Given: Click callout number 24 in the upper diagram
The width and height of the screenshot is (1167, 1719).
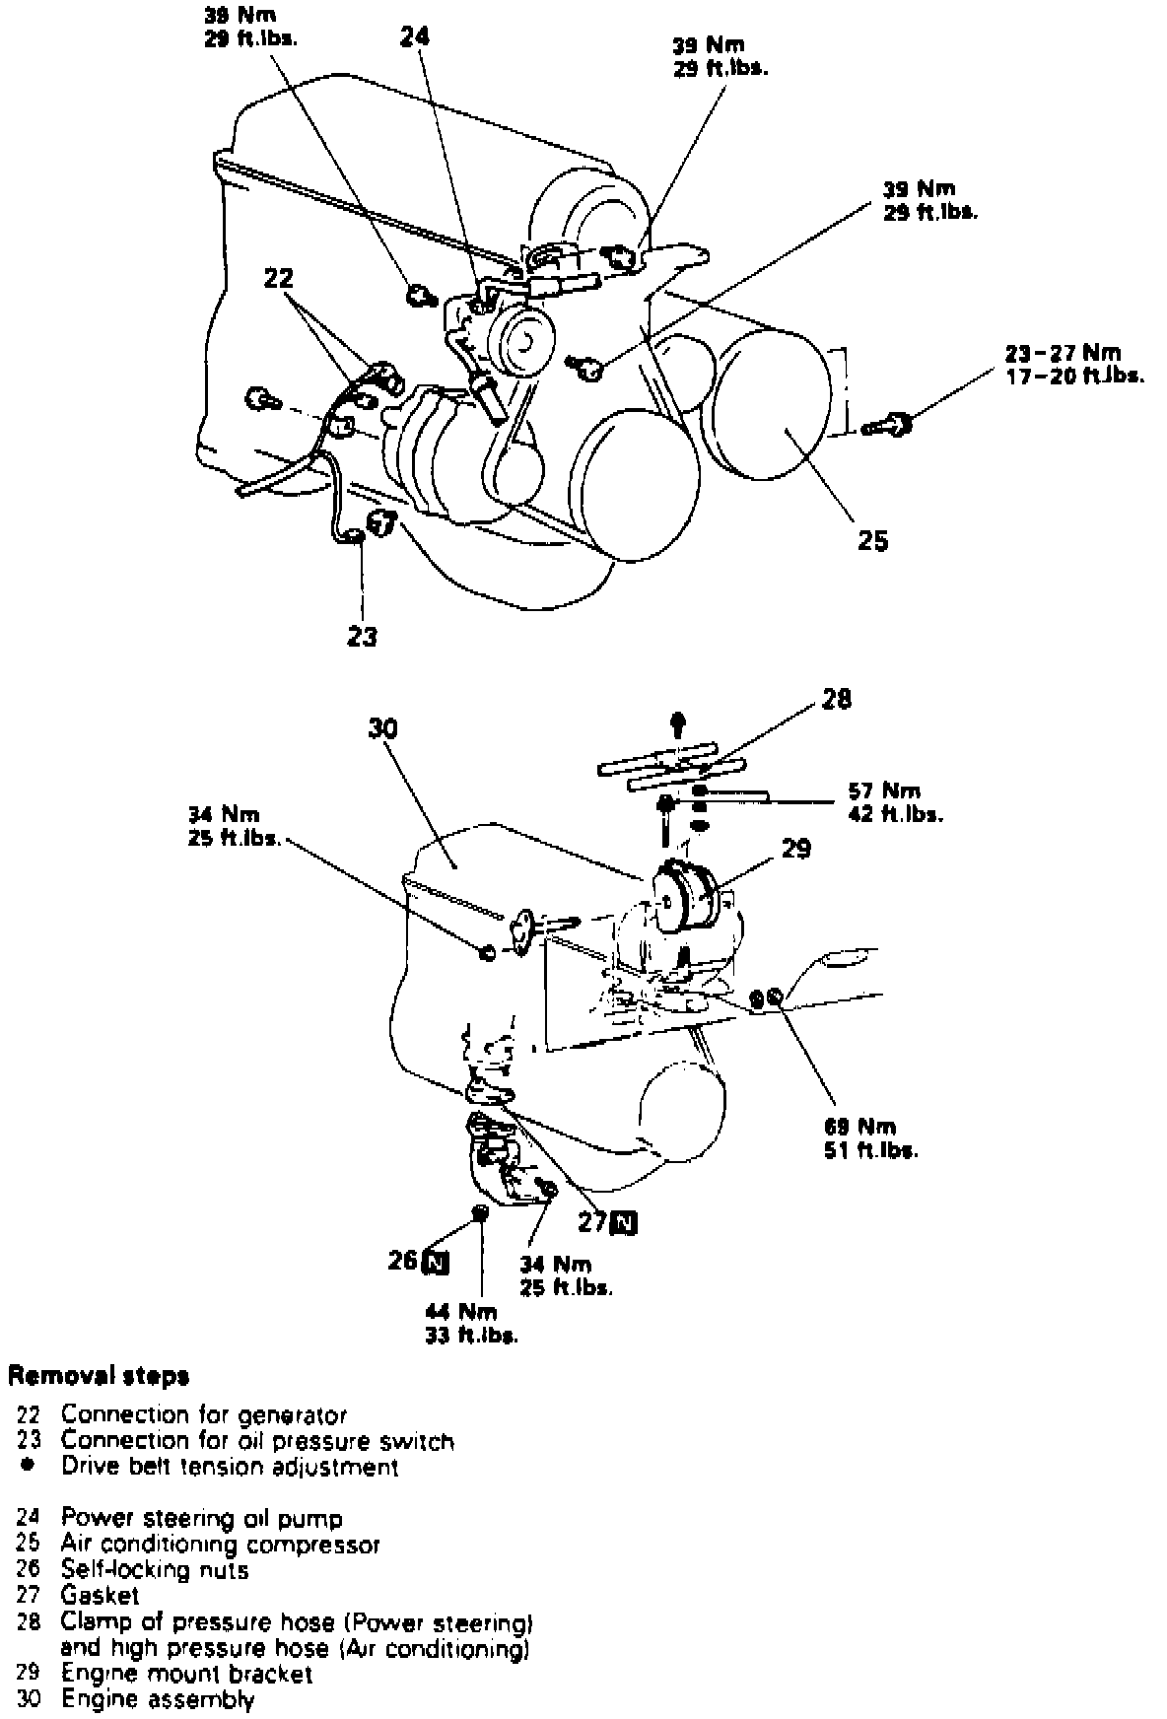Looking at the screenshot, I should point(415,36).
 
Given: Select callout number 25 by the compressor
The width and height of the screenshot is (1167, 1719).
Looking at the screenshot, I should point(872,540).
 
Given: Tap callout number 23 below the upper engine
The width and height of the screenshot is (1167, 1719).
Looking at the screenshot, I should point(362,637).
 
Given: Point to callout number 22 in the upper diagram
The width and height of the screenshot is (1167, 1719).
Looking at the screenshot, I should point(279,279).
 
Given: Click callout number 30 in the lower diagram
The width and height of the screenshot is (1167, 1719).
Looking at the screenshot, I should point(382,728).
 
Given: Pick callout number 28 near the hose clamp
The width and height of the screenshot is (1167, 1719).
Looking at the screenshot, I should point(836,700).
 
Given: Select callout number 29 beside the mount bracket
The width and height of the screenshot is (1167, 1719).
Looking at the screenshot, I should point(795,849).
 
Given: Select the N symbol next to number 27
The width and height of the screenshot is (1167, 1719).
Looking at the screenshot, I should point(623,1223).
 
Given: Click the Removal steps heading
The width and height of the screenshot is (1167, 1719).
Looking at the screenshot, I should point(99,1375).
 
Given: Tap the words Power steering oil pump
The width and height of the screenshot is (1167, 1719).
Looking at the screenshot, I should point(201,1519).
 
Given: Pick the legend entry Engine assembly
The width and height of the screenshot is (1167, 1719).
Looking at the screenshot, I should point(158,1699).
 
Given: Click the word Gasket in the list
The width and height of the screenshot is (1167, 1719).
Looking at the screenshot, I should point(100,1596).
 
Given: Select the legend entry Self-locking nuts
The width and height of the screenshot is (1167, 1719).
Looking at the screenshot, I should point(155,1570).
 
